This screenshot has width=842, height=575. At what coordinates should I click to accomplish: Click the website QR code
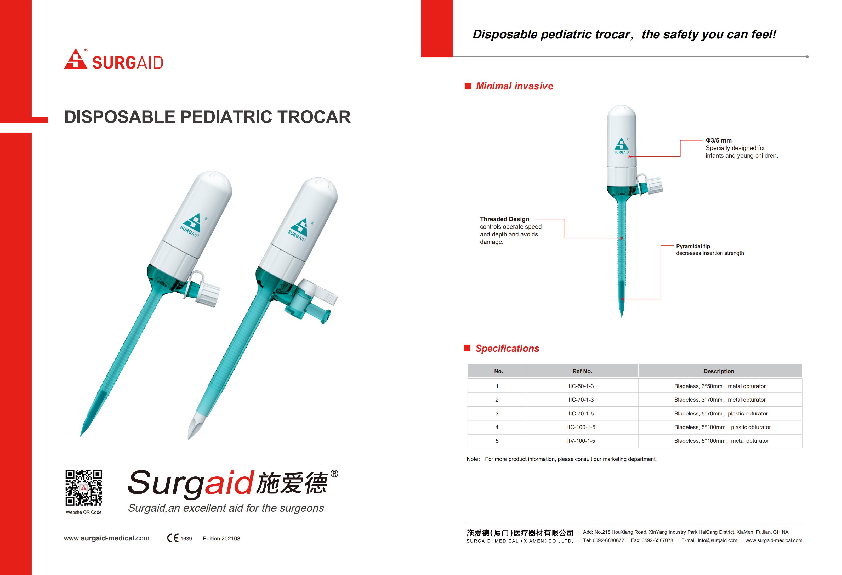click(84, 488)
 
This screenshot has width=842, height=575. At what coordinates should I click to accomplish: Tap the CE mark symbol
click(173, 538)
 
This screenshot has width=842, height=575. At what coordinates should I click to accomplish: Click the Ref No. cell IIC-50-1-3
click(581, 386)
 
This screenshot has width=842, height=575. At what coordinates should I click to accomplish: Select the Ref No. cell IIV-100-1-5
click(581, 441)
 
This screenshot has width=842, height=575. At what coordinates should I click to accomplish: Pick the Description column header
click(719, 371)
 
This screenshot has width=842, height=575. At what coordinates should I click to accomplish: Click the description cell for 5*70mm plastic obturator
click(721, 414)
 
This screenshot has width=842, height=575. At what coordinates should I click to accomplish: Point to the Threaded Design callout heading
click(504, 219)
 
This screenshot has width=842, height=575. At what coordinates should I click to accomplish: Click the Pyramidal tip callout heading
click(693, 246)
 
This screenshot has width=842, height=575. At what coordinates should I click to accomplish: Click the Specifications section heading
click(507, 349)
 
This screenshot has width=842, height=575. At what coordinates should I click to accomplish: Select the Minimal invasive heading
click(514, 86)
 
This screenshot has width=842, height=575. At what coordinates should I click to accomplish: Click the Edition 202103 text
click(221, 539)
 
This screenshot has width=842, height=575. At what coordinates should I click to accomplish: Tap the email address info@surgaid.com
click(717, 540)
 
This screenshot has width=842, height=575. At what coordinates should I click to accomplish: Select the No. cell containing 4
click(497, 428)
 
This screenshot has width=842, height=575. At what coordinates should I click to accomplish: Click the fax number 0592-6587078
click(657, 540)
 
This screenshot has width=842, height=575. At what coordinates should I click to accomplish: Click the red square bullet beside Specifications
click(467, 348)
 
